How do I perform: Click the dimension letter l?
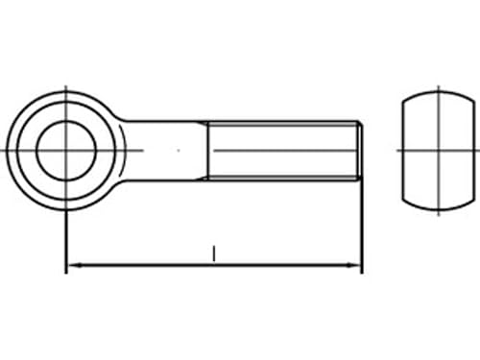pyautogui.click(x=214, y=252)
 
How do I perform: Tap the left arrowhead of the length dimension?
pyautogui.click(x=72, y=264)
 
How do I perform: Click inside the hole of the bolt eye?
pyautogui.click(x=64, y=150)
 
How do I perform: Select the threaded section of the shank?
pyautogui.click(x=283, y=150)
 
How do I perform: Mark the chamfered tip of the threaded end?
pyautogui.click(x=359, y=150)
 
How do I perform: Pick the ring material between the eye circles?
pyautogui.click(x=22, y=150)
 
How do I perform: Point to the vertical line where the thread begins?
pyautogui.click(x=208, y=150)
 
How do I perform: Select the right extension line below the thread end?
pyautogui.click(x=362, y=230)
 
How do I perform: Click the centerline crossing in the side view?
pyautogui.click(x=439, y=150)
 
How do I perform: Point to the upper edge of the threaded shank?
pyautogui.click(x=283, y=122)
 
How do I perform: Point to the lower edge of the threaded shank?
pyautogui.click(x=283, y=178)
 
